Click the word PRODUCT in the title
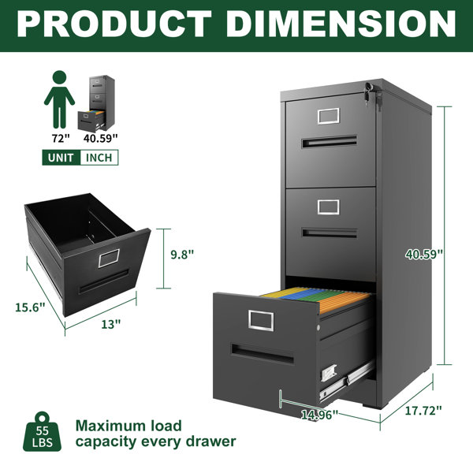click(114, 24)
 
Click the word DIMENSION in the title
click(341, 24)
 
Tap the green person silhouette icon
click(59, 99)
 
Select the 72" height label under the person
click(61, 139)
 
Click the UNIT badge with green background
click(61, 158)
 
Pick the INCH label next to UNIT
click(99, 158)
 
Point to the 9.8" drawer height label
click(182, 255)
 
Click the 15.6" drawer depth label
click(30, 307)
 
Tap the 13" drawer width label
click(110, 324)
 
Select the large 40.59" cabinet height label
click(424, 255)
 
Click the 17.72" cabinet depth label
click(423, 411)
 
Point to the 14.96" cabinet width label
click(320, 415)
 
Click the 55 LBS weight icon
click(42, 432)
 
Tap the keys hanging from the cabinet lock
click(368, 93)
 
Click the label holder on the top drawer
click(329, 116)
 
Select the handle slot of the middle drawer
click(330, 233)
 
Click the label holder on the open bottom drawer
click(261, 320)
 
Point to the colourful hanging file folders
click(316, 299)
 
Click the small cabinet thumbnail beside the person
click(96, 103)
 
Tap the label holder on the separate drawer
click(109, 259)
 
